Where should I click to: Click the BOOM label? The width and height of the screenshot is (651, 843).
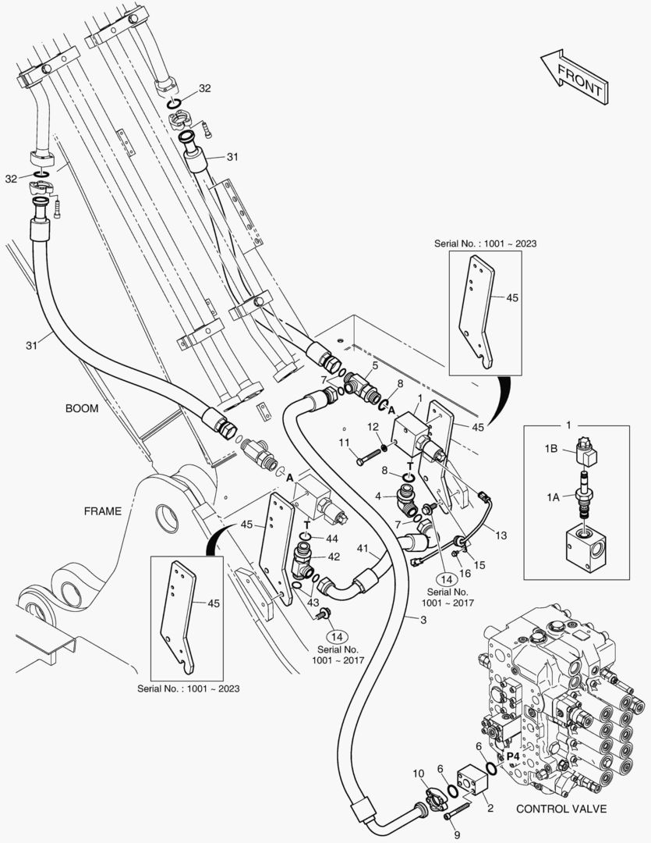click(82, 409)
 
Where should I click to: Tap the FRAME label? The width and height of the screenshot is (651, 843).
click(103, 511)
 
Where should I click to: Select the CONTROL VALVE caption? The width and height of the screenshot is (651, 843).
click(561, 809)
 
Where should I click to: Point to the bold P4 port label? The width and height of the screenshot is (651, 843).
click(513, 756)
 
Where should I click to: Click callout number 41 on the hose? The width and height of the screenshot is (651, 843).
click(362, 549)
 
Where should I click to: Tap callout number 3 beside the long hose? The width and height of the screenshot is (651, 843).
click(423, 621)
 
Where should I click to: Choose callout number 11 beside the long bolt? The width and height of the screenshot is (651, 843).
click(343, 443)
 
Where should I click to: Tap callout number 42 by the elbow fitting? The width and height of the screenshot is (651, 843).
click(333, 557)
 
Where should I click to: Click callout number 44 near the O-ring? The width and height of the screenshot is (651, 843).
click(332, 539)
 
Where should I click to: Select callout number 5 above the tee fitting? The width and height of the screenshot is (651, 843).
click(375, 365)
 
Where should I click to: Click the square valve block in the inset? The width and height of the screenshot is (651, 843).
click(585, 556)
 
